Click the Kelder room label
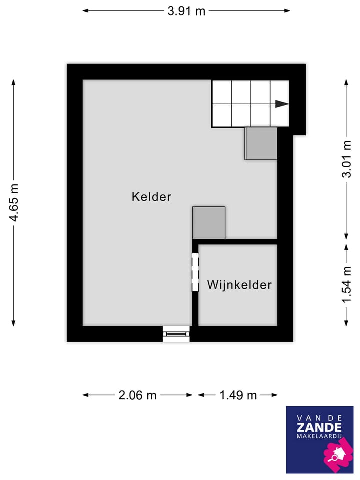[151, 197]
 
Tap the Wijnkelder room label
[239, 285]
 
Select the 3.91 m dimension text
[186, 11]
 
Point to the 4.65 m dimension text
[14, 202]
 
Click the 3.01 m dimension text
[347, 159]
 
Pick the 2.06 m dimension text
[137, 395]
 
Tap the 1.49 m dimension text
[238, 395]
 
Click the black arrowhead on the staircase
[282, 104]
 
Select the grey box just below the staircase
[261, 143]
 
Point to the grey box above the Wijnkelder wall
[209, 223]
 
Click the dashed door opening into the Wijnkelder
[195, 272]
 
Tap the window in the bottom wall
[176, 334]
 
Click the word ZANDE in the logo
[319, 427]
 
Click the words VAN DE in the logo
[319, 417]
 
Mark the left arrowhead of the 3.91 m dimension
[85, 11]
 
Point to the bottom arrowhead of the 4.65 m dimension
[14, 323]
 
